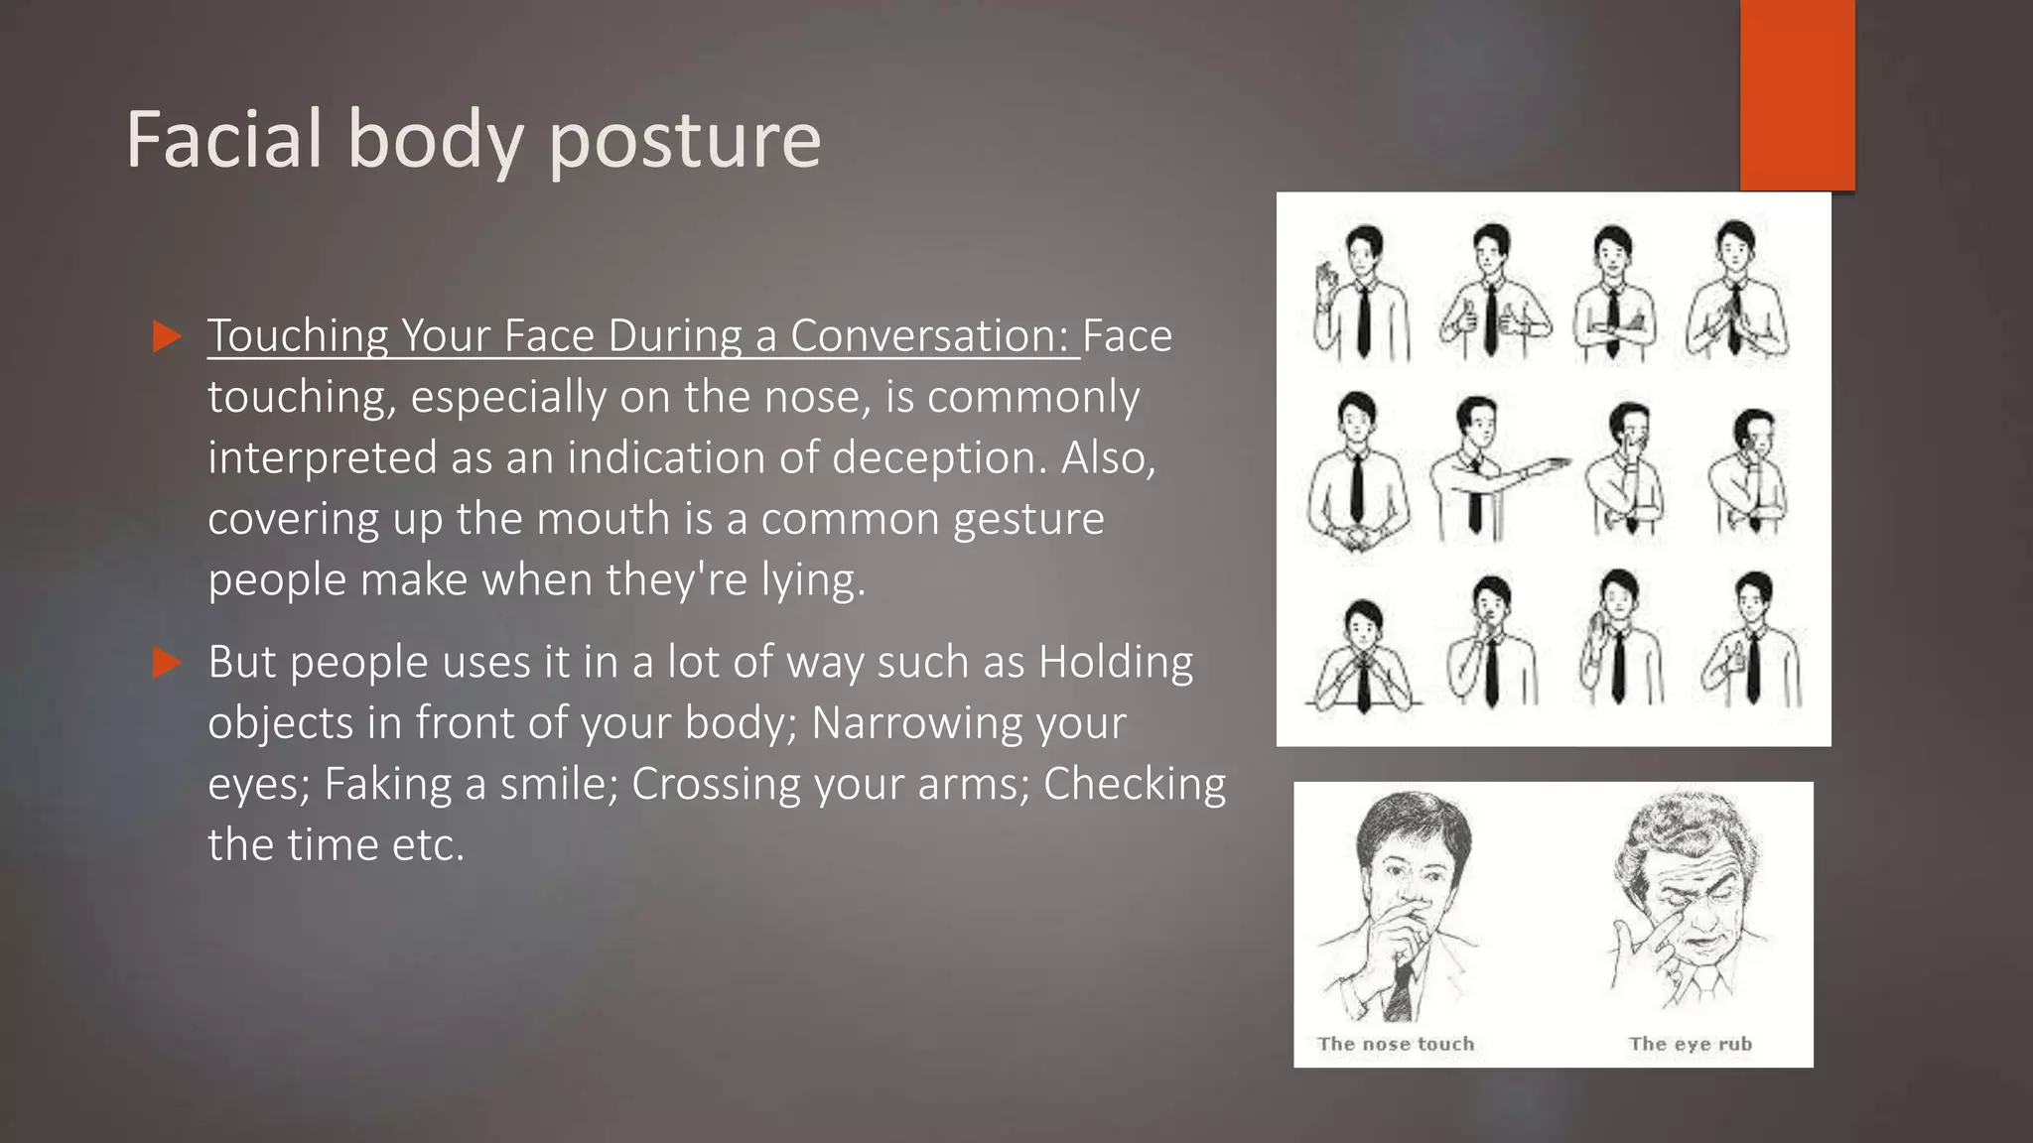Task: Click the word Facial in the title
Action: tap(224, 139)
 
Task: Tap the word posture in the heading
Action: tap(684, 141)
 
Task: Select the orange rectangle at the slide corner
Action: tap(1797, 94)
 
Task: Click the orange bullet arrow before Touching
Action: tap(168, 336)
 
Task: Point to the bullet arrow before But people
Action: tap(168, 662)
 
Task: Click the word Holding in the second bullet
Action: tap(1115, 662)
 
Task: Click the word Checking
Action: tap(1135, 784)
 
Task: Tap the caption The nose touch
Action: tap(1395, 1044)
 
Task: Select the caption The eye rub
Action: tap(1690, 1044)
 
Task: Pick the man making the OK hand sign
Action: tap(1360, 293)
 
